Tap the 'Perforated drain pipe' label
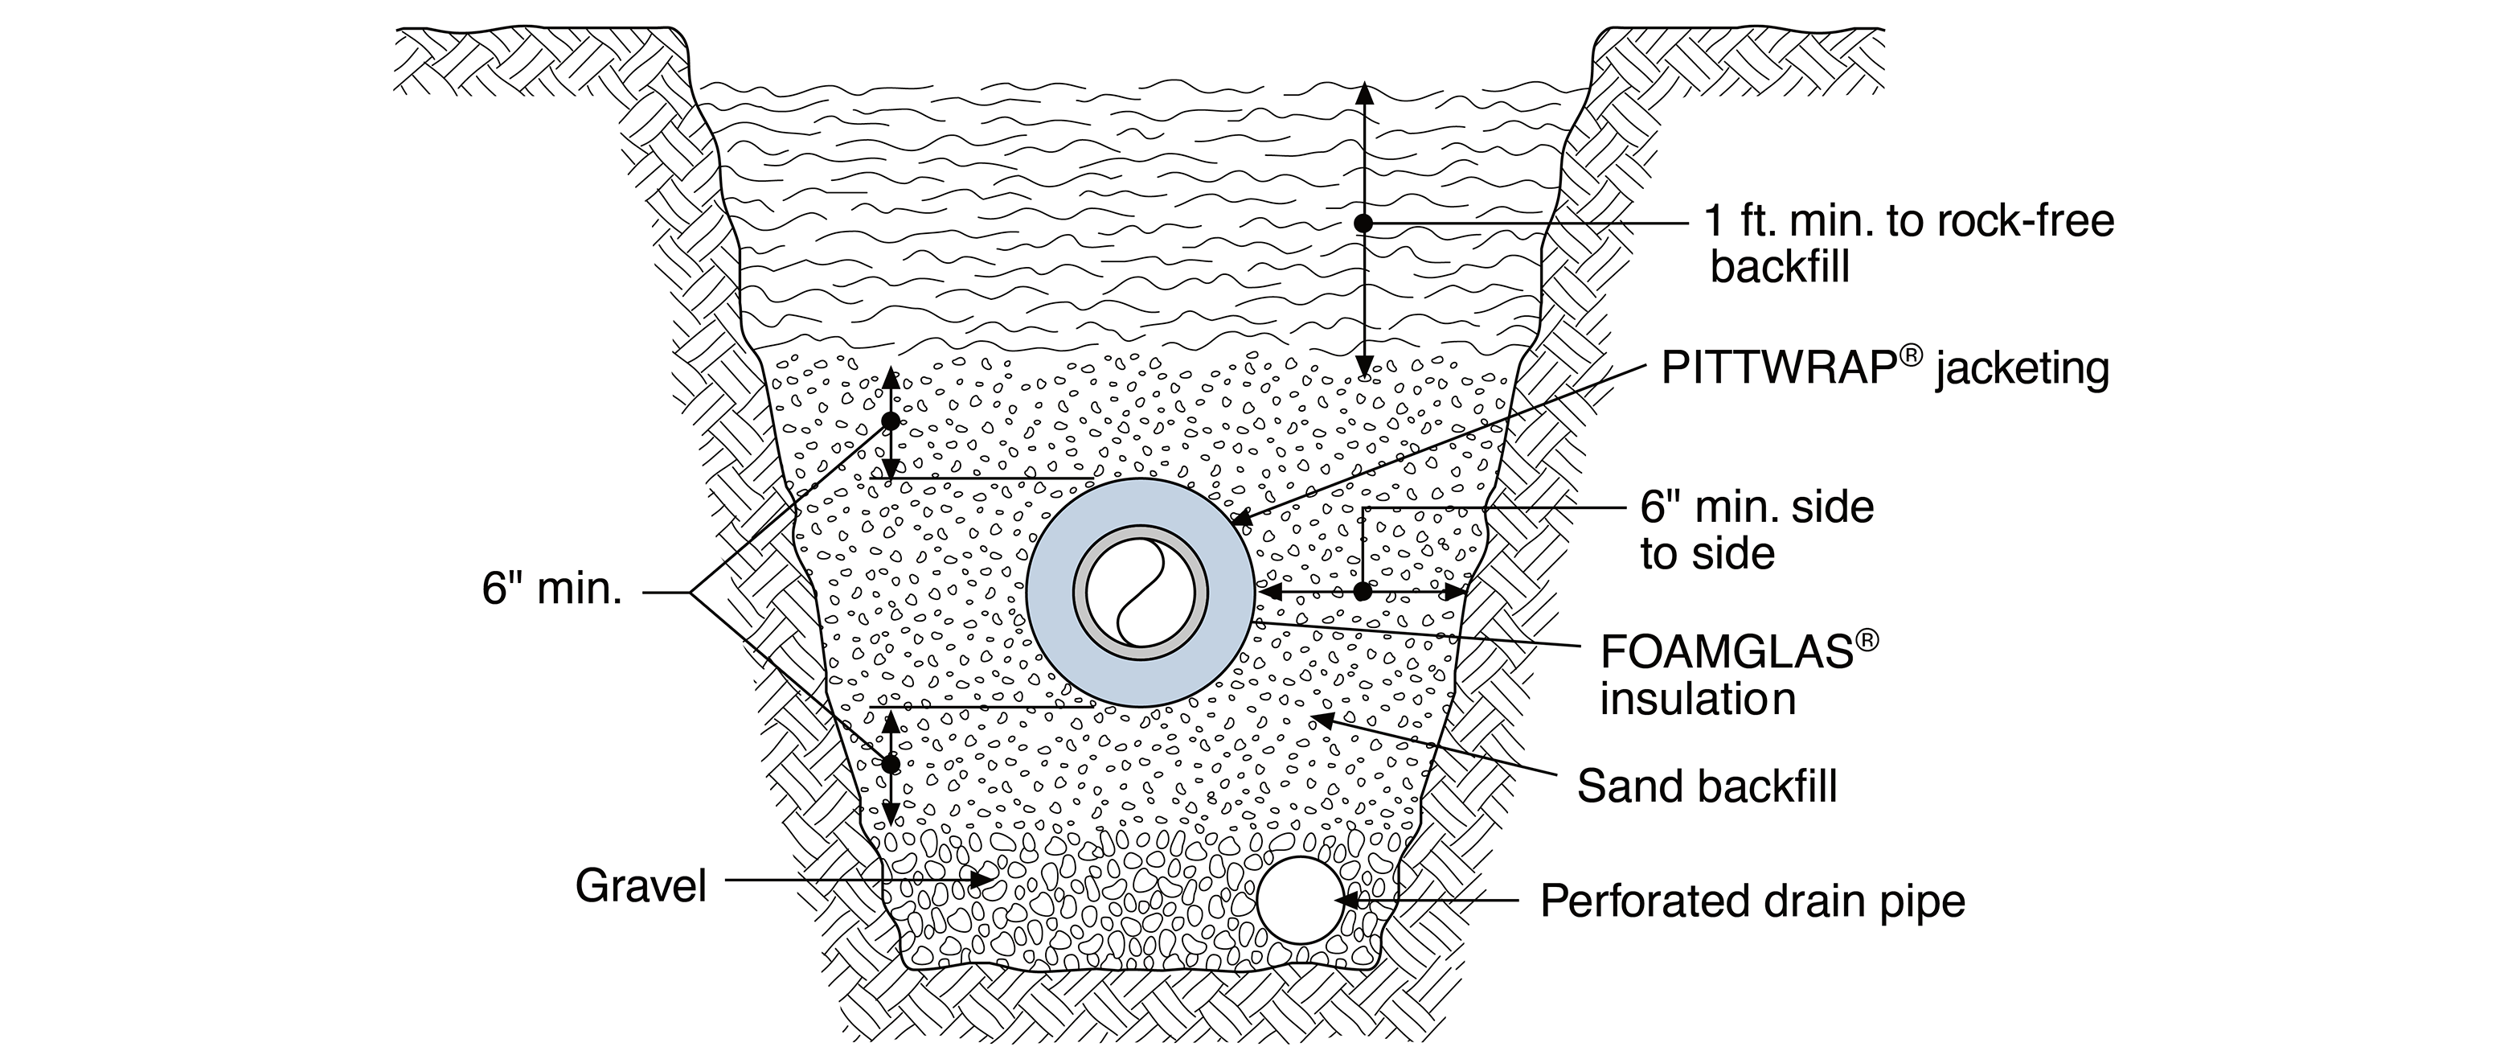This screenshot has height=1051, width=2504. pyautogui.click(x=1752, y=901)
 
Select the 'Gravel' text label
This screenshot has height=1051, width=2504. pyautogui.click(x=641, y=885)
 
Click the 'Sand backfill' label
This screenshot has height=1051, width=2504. pyautogui.click(x=1706, y=785)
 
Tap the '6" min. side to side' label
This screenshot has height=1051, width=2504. pyautogui.click(x=1756, y=530)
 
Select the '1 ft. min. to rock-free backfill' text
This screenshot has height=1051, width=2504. pyautogui.click(x=1909, y=243)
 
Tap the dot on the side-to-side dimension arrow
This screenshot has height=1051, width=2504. pyautogui.click(x=1363, y=591)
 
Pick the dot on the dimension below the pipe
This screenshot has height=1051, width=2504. pyautogui.click(x=889, y=764)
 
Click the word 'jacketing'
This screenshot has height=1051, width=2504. pyautogui.click(x=2022, y=371)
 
